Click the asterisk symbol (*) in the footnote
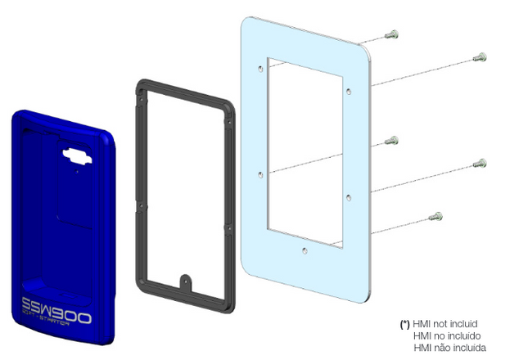[405, 324]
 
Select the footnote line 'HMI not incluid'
[445, 324]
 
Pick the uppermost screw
[392, 34]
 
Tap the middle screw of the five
[394, 140]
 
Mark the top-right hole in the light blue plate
[348, 91]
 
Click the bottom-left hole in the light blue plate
[259, 173]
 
